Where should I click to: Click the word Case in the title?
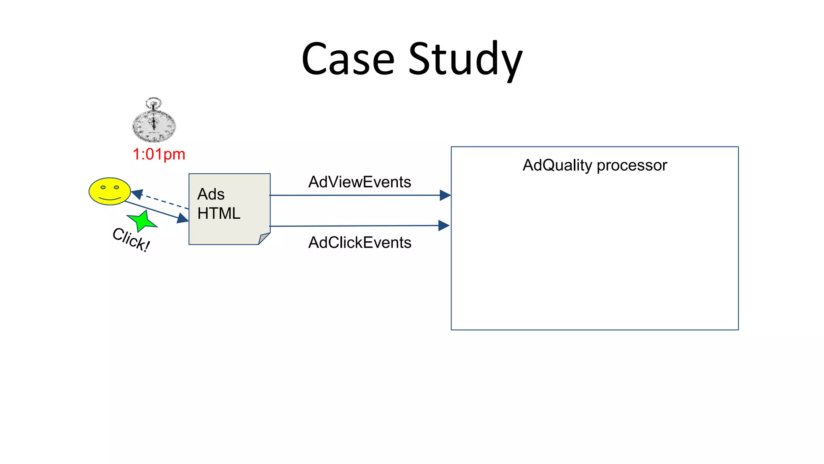(348, 59)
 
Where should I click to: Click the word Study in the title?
(466, 60)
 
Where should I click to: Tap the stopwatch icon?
(154, 122)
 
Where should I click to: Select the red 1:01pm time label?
(159, 154)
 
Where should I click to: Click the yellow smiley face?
(109, 191)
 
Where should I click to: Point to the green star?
(142, 221)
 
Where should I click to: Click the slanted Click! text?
(131, 239)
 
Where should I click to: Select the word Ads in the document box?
(211, 194)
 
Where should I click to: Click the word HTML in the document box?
(219, 213)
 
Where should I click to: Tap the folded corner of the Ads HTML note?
(264, 238)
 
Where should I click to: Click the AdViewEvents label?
(359, 182)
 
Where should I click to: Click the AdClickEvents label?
(359, 242)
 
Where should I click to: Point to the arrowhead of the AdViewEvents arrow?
(445, 195)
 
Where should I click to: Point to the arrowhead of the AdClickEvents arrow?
(444, 226)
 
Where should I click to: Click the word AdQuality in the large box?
(557, 165)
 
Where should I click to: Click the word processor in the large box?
(632, 166)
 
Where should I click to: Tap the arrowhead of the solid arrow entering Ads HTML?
(183, 218)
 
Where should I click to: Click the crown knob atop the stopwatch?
(153, 102)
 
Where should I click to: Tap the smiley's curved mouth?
(109, 198)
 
